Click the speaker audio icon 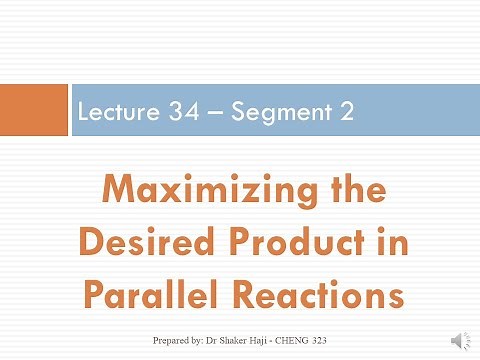(461, 341)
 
